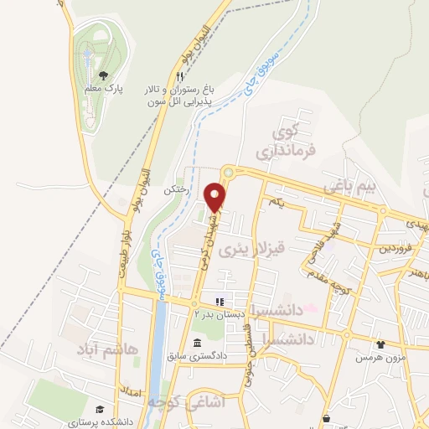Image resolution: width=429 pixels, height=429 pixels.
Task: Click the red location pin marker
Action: pos(216,196)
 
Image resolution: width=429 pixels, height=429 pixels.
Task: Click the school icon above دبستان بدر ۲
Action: pos(220,301)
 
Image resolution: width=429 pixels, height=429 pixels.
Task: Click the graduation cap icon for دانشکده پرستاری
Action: pos(100,409)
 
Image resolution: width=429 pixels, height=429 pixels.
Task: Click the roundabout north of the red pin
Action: pos(227,171)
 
